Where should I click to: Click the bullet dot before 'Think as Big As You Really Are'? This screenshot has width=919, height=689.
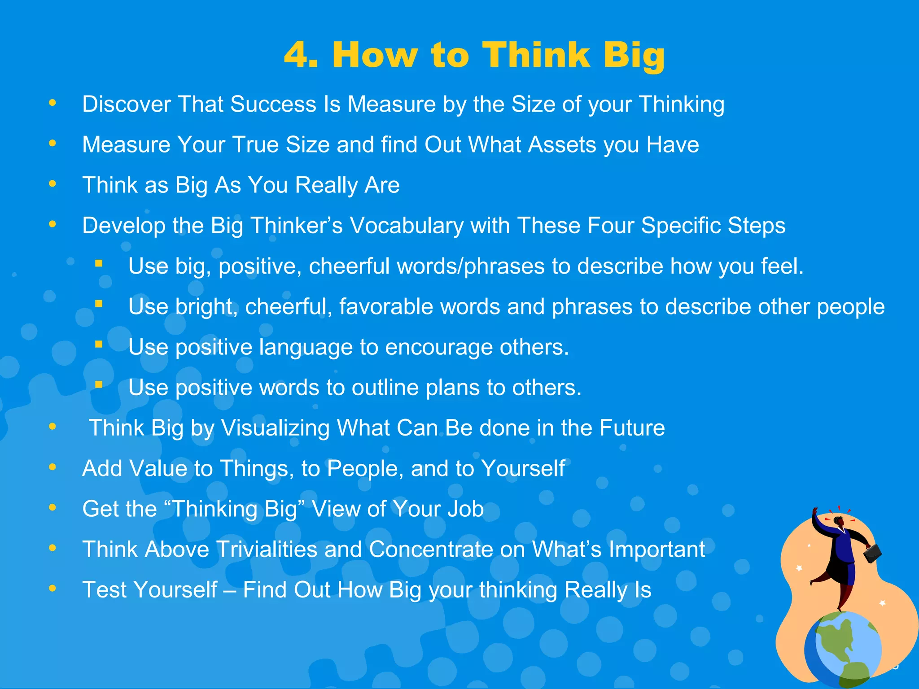[53, 184]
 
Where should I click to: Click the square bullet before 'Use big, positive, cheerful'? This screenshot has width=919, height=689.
[99, 264]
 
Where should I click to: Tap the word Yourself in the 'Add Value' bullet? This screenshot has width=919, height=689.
[523, 468]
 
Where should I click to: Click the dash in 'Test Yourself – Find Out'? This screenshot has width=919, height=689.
[230, 590]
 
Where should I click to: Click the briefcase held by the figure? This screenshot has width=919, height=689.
[872, 553]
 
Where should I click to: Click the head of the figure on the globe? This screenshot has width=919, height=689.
[838, 522]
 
